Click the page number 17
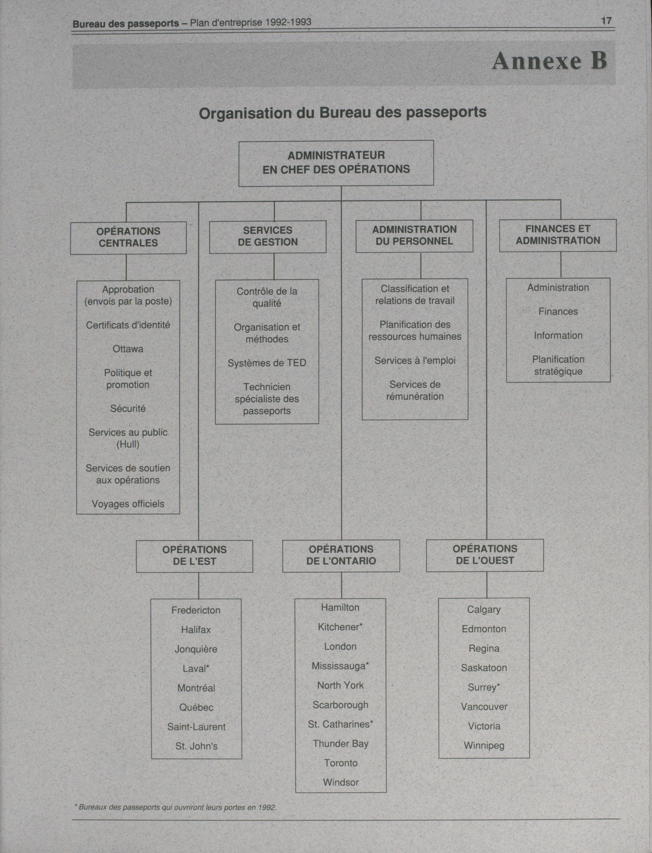pyautogui.click(x=606, y=21)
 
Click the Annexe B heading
pyautogui.click(x=549, y=61)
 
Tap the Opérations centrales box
pyautogui.click(x=128, y=237)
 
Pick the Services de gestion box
pyautogui.click(x=268, y=237)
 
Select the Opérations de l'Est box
pyautogui.click(x=195, y=556)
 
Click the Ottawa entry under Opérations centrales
pyautogui.click(x=128, y=349)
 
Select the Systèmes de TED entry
pyautogui.click(x=267, y=363)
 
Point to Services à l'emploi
pyautogui.click(x=415, y=361)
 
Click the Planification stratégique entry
pyautogui.click(x=558, y=365)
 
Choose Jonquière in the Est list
pyautogui.click(x=196, y=649)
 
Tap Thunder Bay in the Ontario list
pyautogui.click(x=341, y=744)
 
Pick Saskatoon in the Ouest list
pyautogui.click(x=484, y=668)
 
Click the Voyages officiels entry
pyautogui.click(x=128, y=504)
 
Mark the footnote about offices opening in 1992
pyautogui.click(x=175, y=808)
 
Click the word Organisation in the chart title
pyautogui.click(x=245, y=113)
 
